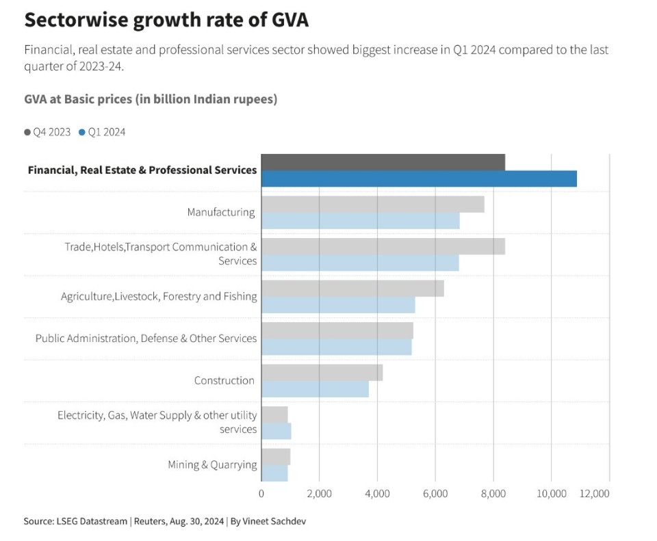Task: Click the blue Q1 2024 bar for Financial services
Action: pos(419,179)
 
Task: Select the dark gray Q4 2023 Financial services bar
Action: pos(383,162)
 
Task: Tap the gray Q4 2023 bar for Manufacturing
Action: pos(373,204)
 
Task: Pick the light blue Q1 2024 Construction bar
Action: pos(315,389)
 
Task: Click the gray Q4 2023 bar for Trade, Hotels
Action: pos(383,246)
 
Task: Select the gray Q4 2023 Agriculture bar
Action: pos(352,288)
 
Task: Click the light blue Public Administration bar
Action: pos(337,347)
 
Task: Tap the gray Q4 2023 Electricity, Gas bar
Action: pos(274,414)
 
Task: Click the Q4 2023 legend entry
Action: pos(47,132)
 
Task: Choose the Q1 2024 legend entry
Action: pos(102,132)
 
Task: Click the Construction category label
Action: pos(224,380)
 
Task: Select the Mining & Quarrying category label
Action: pos(212,465)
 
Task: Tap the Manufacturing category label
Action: pos(220,212)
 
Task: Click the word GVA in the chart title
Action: pos(289,21)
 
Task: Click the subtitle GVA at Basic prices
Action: pos(151,99)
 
